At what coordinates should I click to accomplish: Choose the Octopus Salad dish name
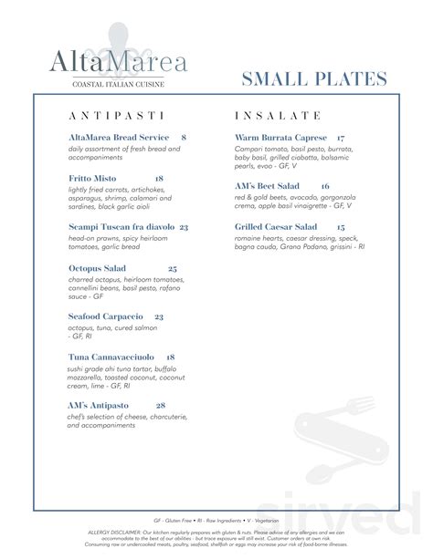click(x=97, y=268)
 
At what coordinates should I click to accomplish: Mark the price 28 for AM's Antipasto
click(x=161, y=405)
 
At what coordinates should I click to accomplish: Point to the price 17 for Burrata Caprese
click(x=340, y=137)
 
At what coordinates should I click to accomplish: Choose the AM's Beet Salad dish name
click(x=267, y=185)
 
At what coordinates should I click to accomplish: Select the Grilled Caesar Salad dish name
click(x=276, y=226)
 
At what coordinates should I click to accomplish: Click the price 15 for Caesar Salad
click(x=340, y=226)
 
